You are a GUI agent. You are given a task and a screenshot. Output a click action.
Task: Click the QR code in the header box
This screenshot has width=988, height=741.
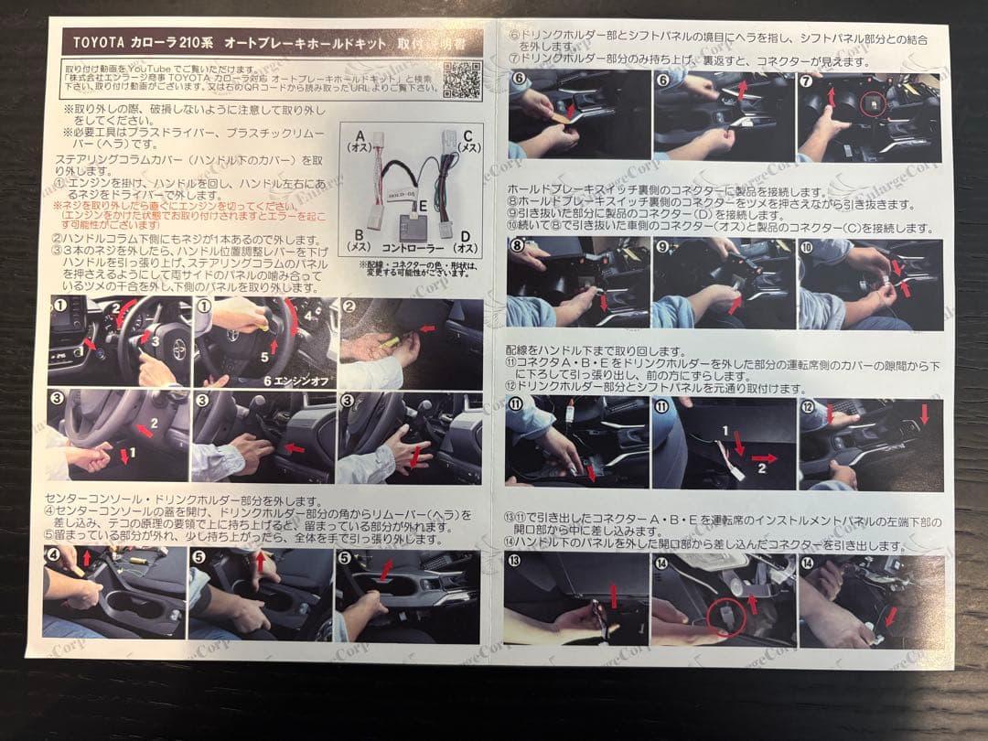(462, 80)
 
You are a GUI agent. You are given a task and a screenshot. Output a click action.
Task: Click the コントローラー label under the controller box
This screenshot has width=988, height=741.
(412, 247)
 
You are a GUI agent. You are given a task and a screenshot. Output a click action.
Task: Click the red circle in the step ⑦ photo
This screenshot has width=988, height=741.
(873, 106)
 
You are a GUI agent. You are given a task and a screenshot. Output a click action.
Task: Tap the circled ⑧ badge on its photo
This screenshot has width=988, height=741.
(519, 246)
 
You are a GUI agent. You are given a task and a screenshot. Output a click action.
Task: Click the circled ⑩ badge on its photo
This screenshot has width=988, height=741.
(806, 247)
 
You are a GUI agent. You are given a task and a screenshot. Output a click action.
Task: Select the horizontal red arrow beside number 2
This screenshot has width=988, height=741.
(765, 458)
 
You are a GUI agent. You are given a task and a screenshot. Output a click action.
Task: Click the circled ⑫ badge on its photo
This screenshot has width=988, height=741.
(807, 407)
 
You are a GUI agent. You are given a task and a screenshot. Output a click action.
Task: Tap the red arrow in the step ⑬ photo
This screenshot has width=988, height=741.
(614, 596)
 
